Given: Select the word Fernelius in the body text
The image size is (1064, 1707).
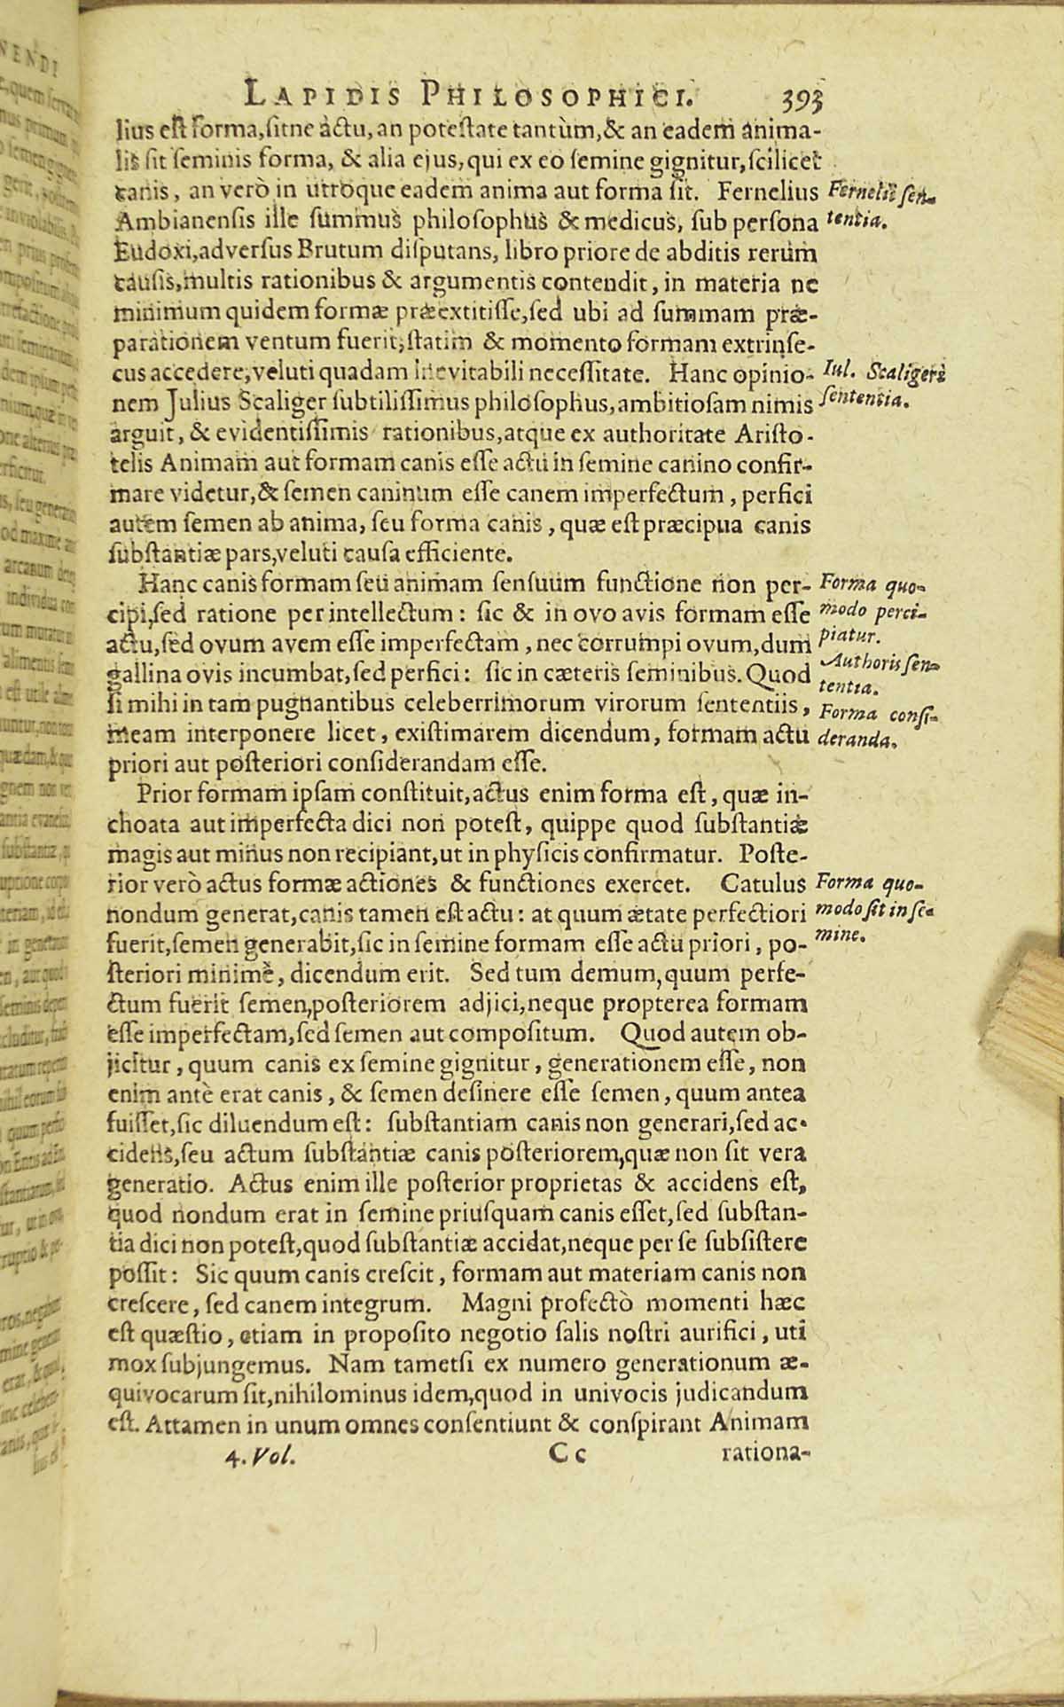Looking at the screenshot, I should tap(771, 191).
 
